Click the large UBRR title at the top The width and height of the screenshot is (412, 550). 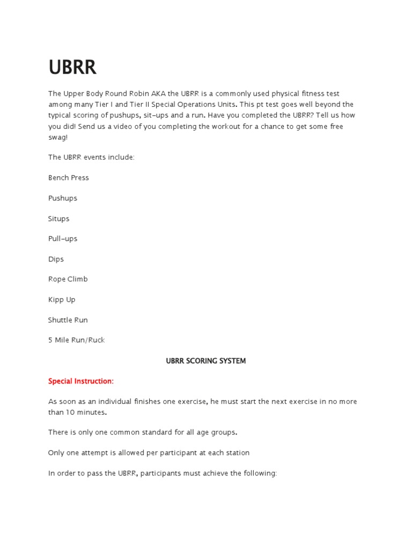click(72, 67)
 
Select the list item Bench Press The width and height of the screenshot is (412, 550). click(69, 178)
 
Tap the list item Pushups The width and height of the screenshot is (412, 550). click(63, 198)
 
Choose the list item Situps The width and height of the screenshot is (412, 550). click(59, 219)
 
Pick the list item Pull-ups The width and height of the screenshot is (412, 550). click(63, 238)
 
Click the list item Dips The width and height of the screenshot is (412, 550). click(56, 259)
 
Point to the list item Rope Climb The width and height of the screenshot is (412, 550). click(68, 279)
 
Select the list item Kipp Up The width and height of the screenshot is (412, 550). click(62, 300)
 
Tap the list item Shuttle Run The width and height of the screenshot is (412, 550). click(68, 320)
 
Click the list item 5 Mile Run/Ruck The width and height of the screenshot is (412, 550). click(77, 340)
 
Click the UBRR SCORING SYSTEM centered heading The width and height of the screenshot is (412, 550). click(206, 361)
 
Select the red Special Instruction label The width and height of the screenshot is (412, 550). click(81, 381)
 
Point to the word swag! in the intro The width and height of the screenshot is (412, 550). click(58, 137)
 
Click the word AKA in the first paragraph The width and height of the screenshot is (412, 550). click(144, 93)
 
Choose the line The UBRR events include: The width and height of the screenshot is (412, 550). click(91, 157)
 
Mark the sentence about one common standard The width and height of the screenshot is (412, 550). click(143, 432)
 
